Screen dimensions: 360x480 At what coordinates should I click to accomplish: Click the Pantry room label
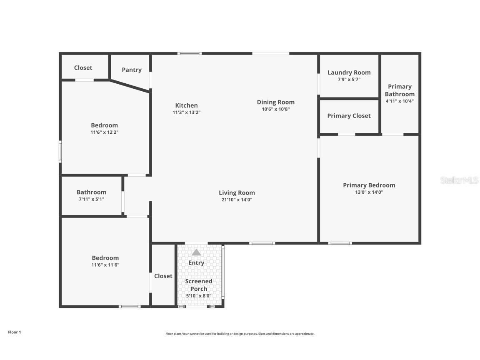click(x=132, y=70)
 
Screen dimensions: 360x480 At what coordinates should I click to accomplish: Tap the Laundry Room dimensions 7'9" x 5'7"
click(x=349, y=80)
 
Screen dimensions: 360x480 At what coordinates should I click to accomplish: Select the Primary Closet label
click(x=349, y=116)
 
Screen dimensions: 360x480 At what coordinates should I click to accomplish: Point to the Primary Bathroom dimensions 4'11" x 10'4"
click(x=400, y=101)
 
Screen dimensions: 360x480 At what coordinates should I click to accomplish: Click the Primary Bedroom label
click(x=369, y=185)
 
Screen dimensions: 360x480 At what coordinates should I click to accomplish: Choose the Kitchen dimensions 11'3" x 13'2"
click(x=186, y=112)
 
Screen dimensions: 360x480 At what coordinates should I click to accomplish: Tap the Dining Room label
click(x=275, y=102)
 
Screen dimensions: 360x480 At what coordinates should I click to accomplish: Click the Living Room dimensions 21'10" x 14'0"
click(x=237, y=200)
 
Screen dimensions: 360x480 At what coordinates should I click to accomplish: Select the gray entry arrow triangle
click(x=196, y=252)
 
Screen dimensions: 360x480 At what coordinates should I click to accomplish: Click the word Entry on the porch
click(x=196, y=263)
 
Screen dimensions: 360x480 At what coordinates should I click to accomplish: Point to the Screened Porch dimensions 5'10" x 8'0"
click(x=199, y=296)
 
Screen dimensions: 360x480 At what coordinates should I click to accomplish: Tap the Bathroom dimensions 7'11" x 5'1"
click(x=91, y=199)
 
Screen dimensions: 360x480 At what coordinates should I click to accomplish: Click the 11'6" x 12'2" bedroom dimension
click(x=105, y=132)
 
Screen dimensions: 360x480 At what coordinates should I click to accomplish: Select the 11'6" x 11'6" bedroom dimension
click(x=105, y=265)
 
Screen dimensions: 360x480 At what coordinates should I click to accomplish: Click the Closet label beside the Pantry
click(x=83, y=67)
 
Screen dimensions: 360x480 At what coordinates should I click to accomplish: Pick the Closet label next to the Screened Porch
click(x=163, y=276)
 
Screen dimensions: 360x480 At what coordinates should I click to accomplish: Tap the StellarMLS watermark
click(x=459, y=180)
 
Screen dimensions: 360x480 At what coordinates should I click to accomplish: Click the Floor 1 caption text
click(x=14, y=332)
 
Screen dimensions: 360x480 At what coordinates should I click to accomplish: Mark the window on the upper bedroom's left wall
click(x=60, y=152)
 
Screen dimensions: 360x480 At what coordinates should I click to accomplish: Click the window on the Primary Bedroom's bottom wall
click(x=340, y=243)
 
